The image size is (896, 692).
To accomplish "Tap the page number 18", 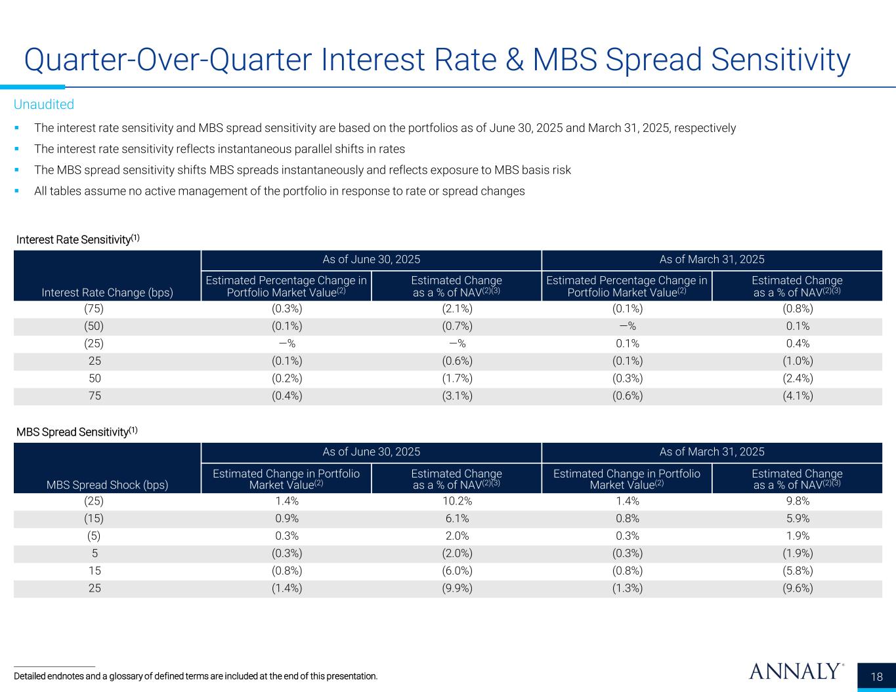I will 877,677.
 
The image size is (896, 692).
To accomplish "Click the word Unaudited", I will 44,104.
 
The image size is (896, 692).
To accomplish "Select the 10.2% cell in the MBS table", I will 456,501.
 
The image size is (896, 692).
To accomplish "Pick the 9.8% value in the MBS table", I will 797,501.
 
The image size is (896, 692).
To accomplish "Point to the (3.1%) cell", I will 456,396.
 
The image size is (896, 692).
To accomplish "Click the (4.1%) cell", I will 797,396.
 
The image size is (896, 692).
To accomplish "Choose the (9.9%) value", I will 456,588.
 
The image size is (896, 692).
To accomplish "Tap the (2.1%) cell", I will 456,308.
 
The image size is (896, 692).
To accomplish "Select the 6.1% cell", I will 456,518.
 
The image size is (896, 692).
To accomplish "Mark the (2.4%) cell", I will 797,378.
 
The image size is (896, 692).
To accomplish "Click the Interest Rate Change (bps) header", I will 108,293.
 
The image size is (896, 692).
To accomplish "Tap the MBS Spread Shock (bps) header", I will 108,485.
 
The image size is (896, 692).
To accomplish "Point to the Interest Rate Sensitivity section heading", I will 78,239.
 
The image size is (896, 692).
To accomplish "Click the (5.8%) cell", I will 797,571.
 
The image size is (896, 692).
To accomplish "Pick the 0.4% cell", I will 797,343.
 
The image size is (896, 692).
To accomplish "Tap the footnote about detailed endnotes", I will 196,676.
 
